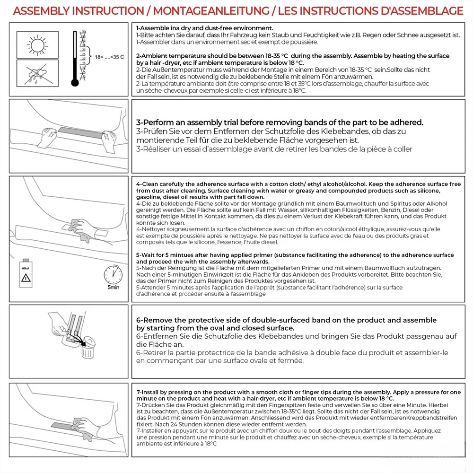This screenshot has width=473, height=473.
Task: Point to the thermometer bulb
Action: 75,84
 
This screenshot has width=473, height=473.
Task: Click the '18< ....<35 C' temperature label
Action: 109,57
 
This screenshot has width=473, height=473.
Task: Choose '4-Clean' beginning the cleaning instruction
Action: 147,184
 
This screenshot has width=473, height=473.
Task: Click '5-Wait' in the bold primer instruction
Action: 146,255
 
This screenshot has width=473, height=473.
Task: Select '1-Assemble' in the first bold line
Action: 153,28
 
